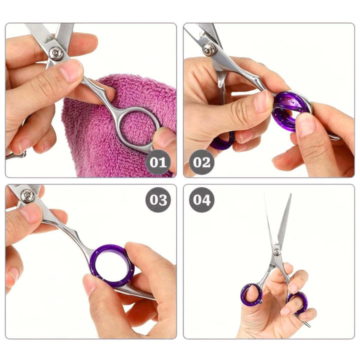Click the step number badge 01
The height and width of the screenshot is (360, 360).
pyautogui.click(x=158, y=162)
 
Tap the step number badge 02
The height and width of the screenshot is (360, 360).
pyautogui.click(x=202, y=162)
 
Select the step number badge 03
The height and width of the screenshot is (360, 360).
pyautogui.click(x=158, y=200)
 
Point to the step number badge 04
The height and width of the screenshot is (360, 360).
pyautogui.click(x=202, y=200)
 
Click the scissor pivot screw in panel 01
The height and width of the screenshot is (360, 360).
pyautogui.click(x=56, y=53)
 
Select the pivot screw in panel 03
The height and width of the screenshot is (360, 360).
pyautogui.click(x=27, y=195)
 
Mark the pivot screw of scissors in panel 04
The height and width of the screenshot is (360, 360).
pyautogui.click(x=276, y=251)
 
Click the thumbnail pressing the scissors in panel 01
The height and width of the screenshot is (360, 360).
pyautogui.click(x=70, y=70)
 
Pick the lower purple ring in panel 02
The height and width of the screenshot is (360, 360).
pyautogui.click(x=222, y=142)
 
